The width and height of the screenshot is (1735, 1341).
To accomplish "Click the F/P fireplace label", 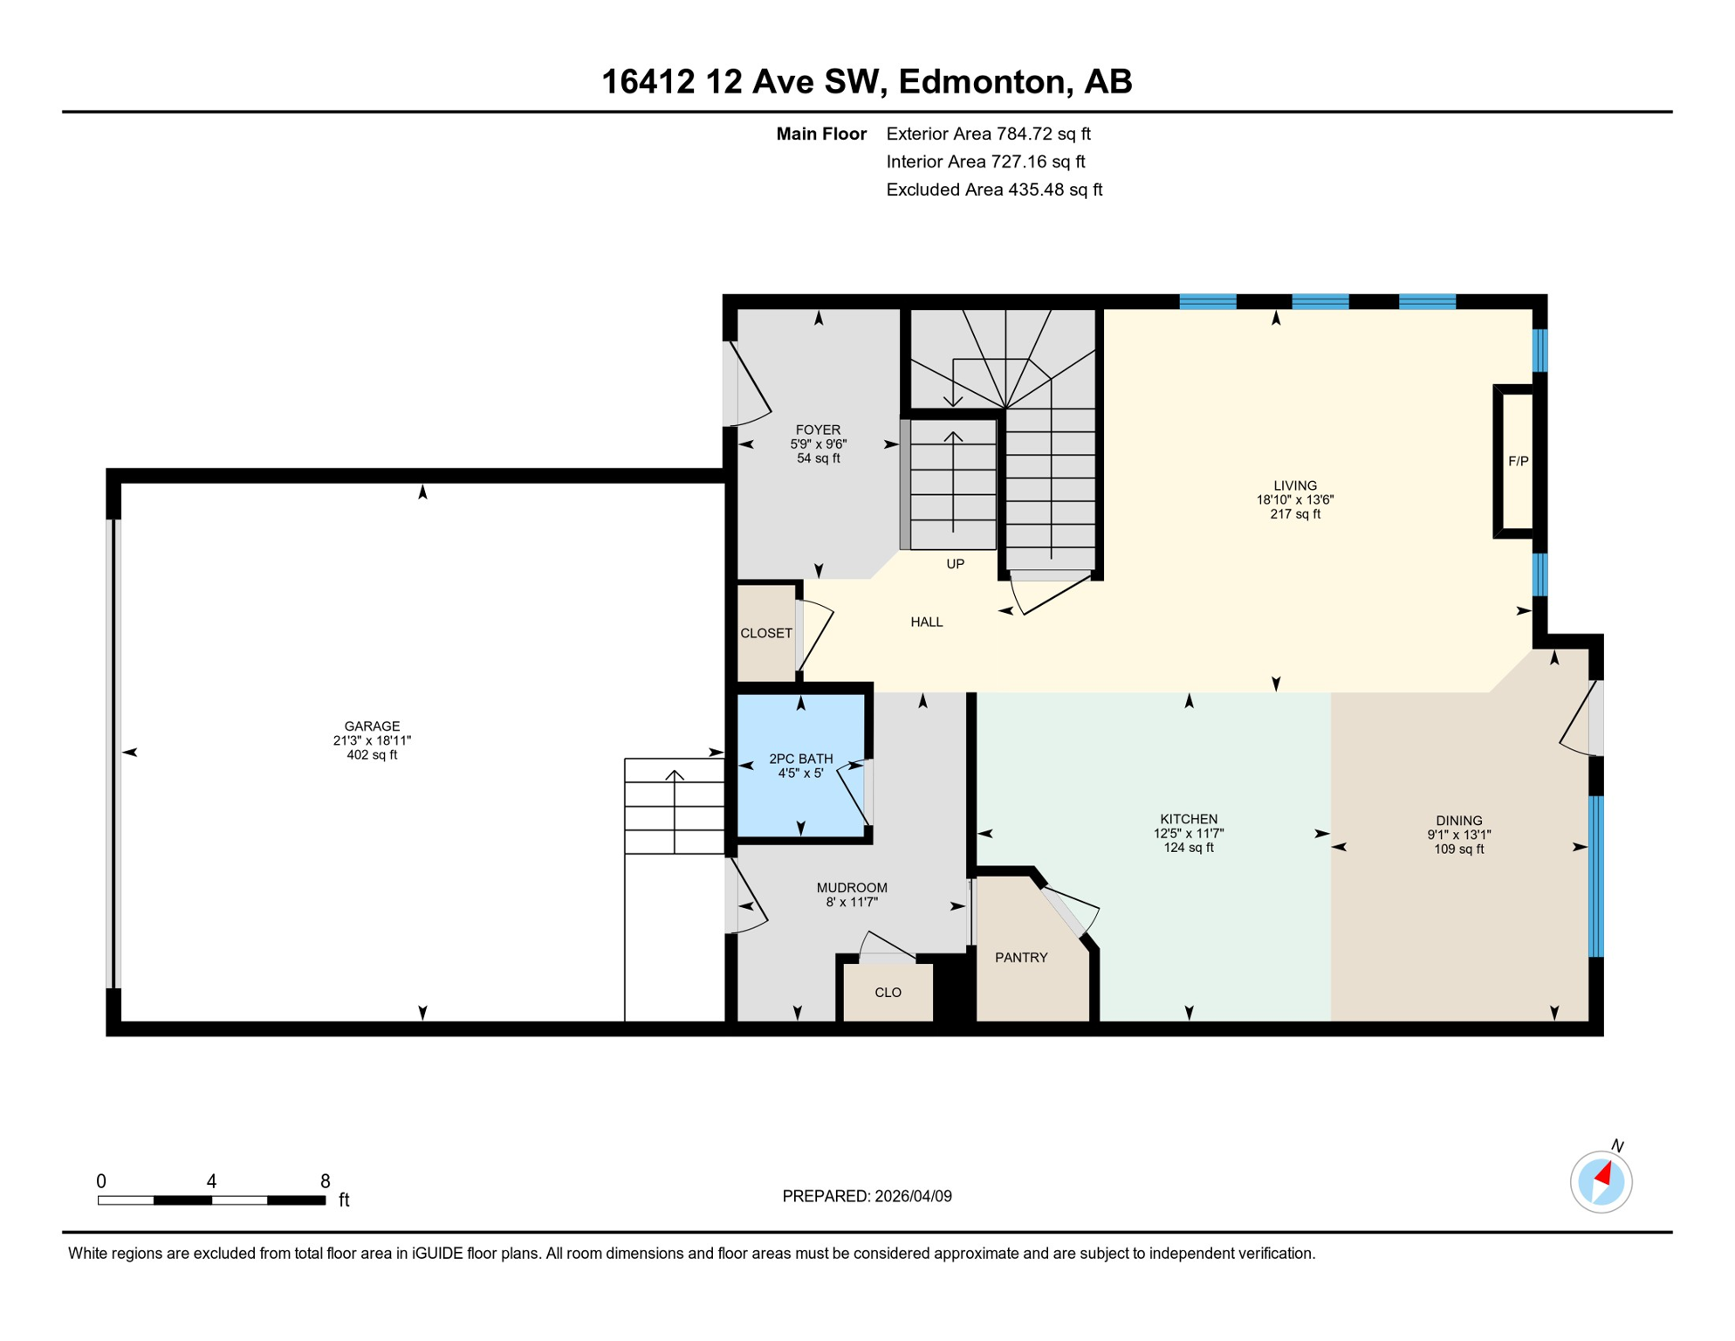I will click(1518, 461).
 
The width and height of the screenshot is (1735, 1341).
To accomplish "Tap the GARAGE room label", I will click(372, 726).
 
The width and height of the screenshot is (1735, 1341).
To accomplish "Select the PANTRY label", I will click(1021, 958).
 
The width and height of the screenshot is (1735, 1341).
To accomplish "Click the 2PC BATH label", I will click(800, 759).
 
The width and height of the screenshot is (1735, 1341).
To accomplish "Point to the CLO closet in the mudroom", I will click(888, 993).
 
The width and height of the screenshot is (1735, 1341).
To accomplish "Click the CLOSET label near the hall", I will click(766, 633).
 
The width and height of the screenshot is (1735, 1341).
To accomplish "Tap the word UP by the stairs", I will click(955, 564).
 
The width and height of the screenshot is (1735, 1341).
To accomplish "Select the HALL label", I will click(926, 622).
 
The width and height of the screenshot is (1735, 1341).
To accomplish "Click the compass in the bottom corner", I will click(1601, 1182).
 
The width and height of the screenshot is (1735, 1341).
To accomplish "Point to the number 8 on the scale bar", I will click(325, 1181).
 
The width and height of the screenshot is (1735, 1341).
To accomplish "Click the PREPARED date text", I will click(867, 1196).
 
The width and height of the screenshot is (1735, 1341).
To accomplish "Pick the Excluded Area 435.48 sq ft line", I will click(993, 189).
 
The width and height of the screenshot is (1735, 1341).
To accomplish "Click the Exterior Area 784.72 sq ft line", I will click(988, 134).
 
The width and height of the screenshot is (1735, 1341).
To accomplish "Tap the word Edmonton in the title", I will click(982, 81).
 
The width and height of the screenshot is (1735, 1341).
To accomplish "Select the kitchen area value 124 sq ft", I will click(1188, 848).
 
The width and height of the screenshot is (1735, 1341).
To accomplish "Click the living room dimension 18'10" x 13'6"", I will click(1294, 500).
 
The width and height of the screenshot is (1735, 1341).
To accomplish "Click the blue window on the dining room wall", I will click(1595, 876).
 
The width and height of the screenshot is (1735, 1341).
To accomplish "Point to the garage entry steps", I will click(674, 806).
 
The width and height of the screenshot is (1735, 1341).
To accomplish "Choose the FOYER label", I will click(818, 430).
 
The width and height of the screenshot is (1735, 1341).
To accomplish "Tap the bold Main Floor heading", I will click(820, 134).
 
